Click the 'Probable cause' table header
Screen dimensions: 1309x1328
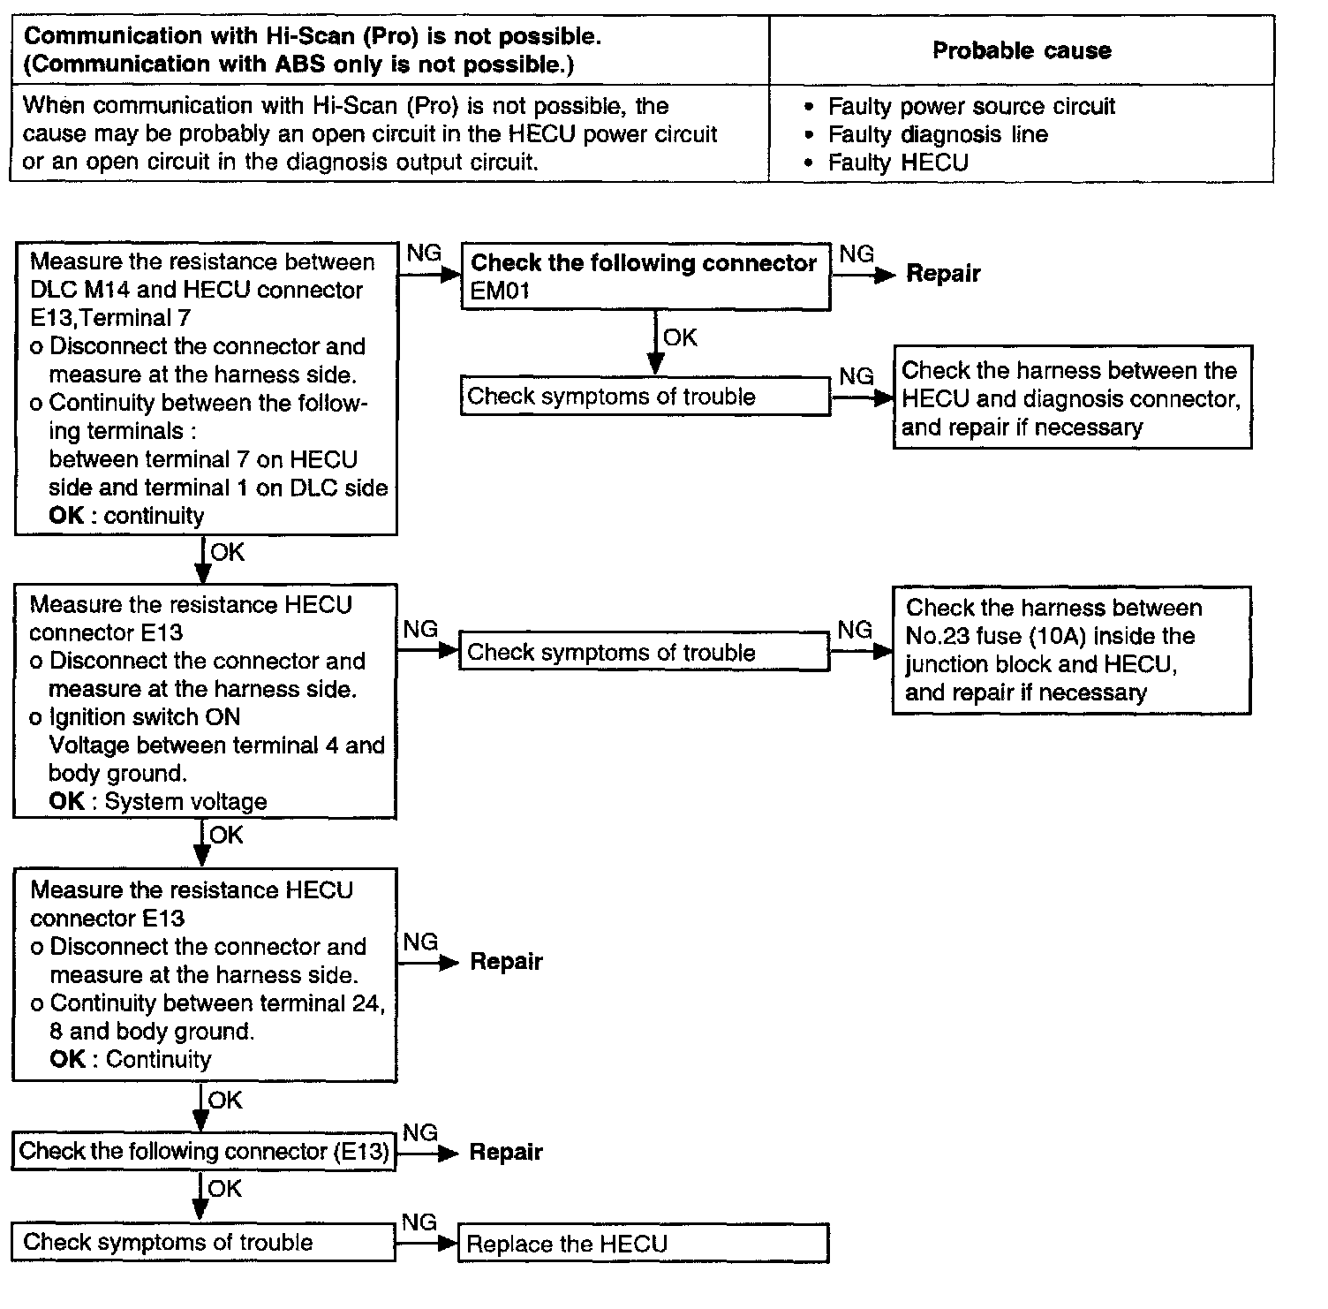pos(1021,50)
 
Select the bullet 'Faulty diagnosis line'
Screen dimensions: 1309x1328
pos(937,134)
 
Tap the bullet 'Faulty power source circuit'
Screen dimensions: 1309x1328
pos(970,107)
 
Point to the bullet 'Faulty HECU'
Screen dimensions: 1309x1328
pos(897,163)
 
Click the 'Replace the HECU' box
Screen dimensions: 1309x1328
pos(643,1244)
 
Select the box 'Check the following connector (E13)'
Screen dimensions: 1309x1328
pos(204,1152)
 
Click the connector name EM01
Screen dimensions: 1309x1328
pos(500,291)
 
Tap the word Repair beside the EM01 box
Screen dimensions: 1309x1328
pos(943,274)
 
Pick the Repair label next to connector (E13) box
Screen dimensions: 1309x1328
pos(505,1152)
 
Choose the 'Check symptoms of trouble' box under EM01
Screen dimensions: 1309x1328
pos(645,397)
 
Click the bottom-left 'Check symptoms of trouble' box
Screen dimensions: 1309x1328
pos(203,1242)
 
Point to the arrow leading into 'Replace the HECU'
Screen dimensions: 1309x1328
pos(427,1244)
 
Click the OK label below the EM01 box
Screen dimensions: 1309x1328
pos(680,337)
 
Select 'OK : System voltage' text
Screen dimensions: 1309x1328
pos(158,802)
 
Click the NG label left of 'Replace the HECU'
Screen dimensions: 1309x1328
pos(419,1222)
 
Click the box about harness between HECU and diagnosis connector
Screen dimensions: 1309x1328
pos(1072,398)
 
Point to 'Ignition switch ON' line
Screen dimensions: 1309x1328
pos(144,717)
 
